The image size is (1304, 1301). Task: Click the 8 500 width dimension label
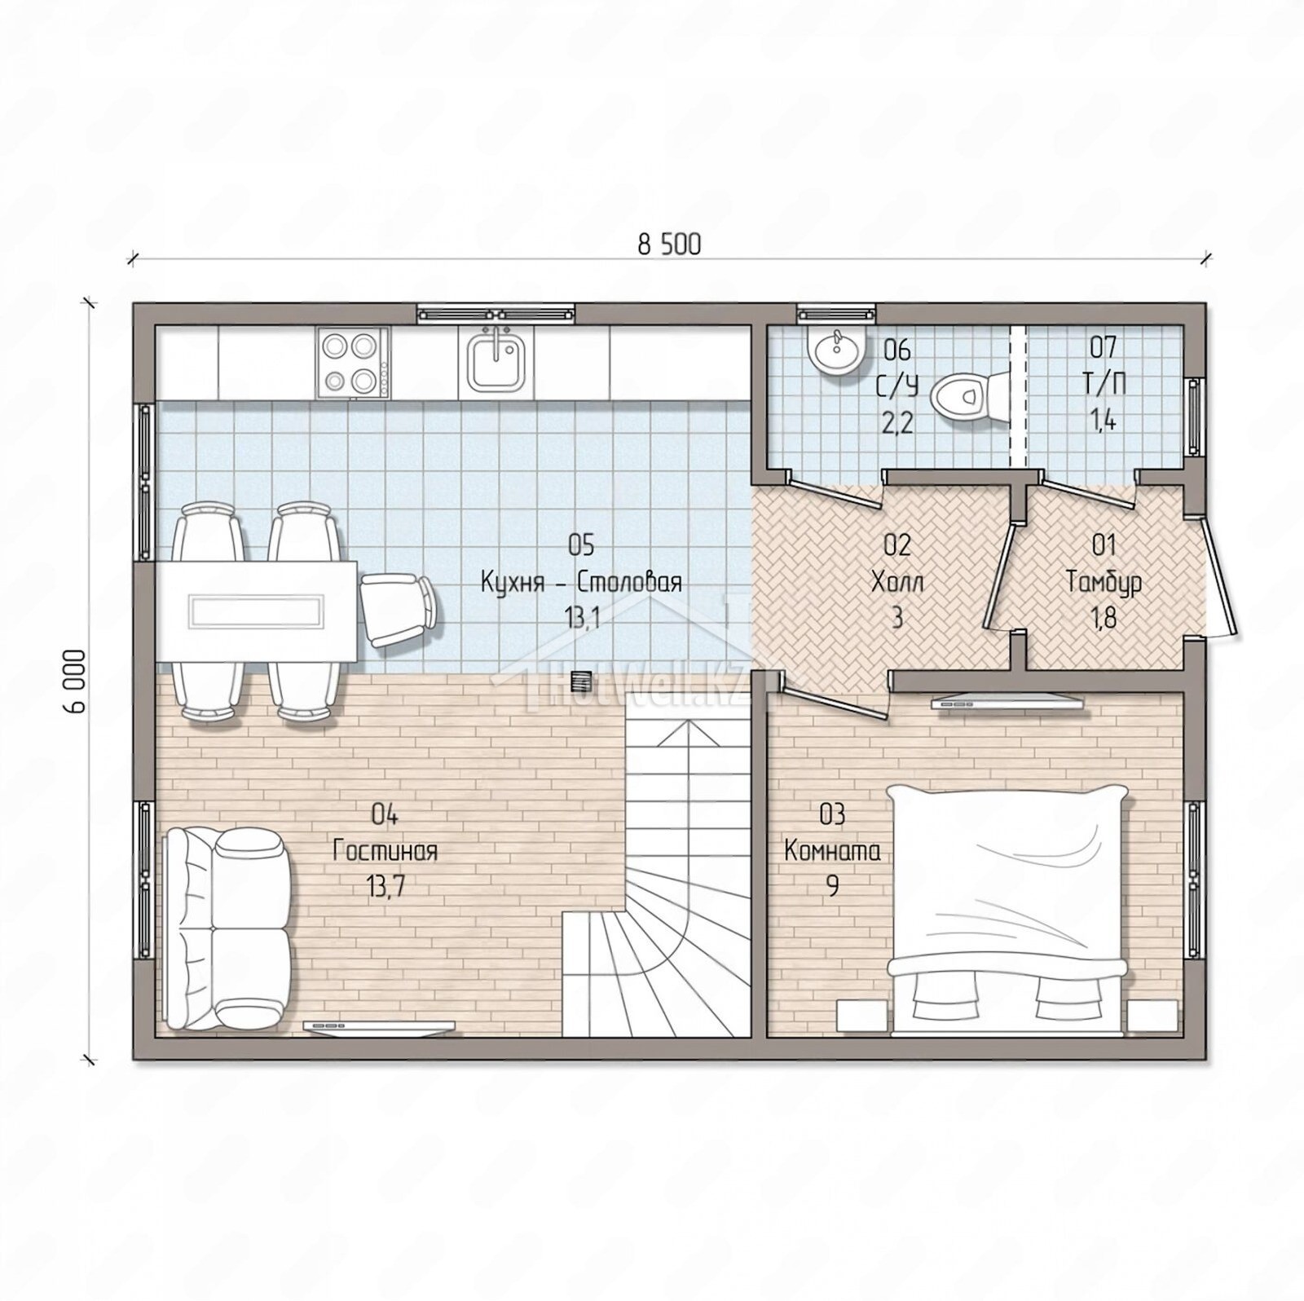tap(668, 245)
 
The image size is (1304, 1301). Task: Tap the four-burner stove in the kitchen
tap(354, 363)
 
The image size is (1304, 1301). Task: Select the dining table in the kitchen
tap(256, 611)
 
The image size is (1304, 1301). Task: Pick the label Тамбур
tap(1104, 582)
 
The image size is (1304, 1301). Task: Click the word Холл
tap(896, 582)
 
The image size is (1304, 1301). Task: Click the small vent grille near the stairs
tap(581, 680)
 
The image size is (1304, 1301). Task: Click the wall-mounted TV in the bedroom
tap(1007, 701)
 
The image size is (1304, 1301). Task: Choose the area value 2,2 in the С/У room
tap(896, 422)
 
